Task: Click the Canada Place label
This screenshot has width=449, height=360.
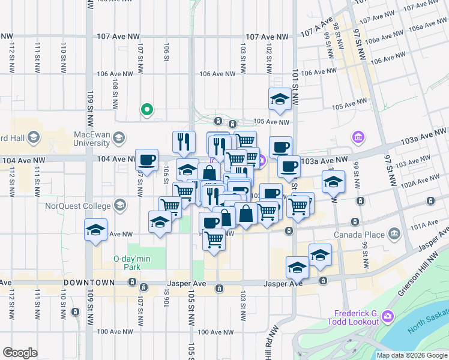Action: (x=361, y=233)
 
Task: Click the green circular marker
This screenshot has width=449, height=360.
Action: (x=146, y=109)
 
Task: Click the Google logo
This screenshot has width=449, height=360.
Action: (x=20, y=353)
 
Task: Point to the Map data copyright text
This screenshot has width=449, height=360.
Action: (x=411, y=355)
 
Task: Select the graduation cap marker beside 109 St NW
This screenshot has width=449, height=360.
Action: (x=96, y=230)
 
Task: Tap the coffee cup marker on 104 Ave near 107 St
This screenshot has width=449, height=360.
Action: (x=146, y=160)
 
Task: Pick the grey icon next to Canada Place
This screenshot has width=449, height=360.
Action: (x=394, y=233)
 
